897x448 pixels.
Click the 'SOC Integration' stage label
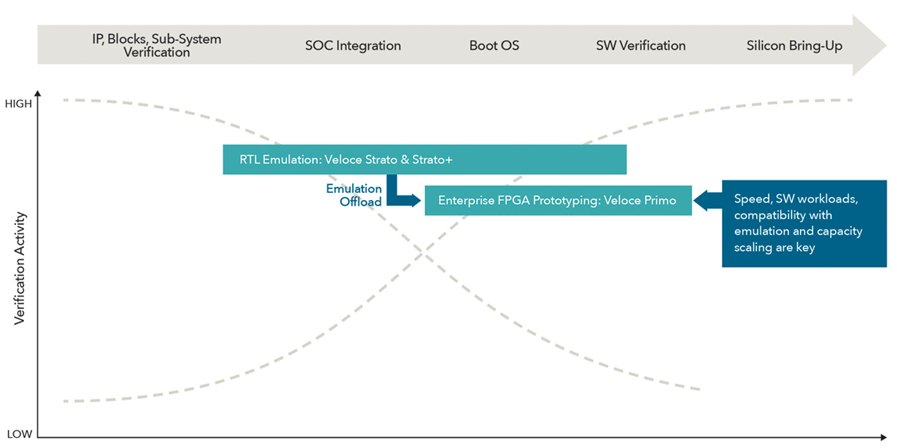click(x=353, y=45)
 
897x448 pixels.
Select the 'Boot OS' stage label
click(x=493, y=45)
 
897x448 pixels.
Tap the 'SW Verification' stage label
click(x=640, y=45)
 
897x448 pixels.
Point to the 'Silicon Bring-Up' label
click(x=794, y=45)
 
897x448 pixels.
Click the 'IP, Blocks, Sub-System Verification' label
click(x=157, y=45)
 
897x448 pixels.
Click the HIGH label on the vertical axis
click(x=19, y=103)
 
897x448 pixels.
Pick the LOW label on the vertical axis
click(x=19, y=434)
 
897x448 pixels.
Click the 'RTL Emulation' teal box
click(x=424, y=160)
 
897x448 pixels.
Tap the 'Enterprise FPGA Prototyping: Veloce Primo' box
click(x=558, y=200)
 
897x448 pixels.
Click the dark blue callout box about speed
click(x=803, y=223)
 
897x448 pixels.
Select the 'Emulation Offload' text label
click(x=354, y=195)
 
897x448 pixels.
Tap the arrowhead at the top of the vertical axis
click(x=37, y=96)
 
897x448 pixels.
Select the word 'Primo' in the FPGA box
click(x=660, y=200)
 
